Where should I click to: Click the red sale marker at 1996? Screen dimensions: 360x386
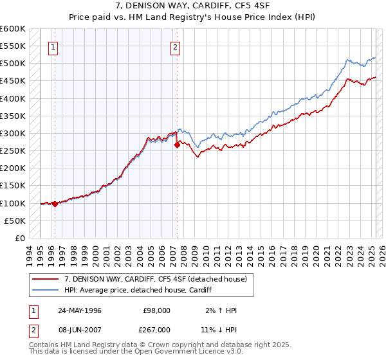(55, 204)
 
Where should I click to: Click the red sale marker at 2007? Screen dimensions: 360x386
(177, 145)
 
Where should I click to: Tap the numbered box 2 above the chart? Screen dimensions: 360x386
(175, 46)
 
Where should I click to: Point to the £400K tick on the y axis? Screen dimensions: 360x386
(14, 98)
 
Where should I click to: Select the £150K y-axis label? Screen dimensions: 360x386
(14, 186)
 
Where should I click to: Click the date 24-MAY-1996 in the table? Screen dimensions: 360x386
(79, 310)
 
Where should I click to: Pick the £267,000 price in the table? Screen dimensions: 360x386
(157, 329)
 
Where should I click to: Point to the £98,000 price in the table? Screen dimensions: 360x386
(157, 310)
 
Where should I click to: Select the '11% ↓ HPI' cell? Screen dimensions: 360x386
(218, 329)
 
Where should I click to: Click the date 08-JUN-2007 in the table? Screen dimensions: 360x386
(79, 329)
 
